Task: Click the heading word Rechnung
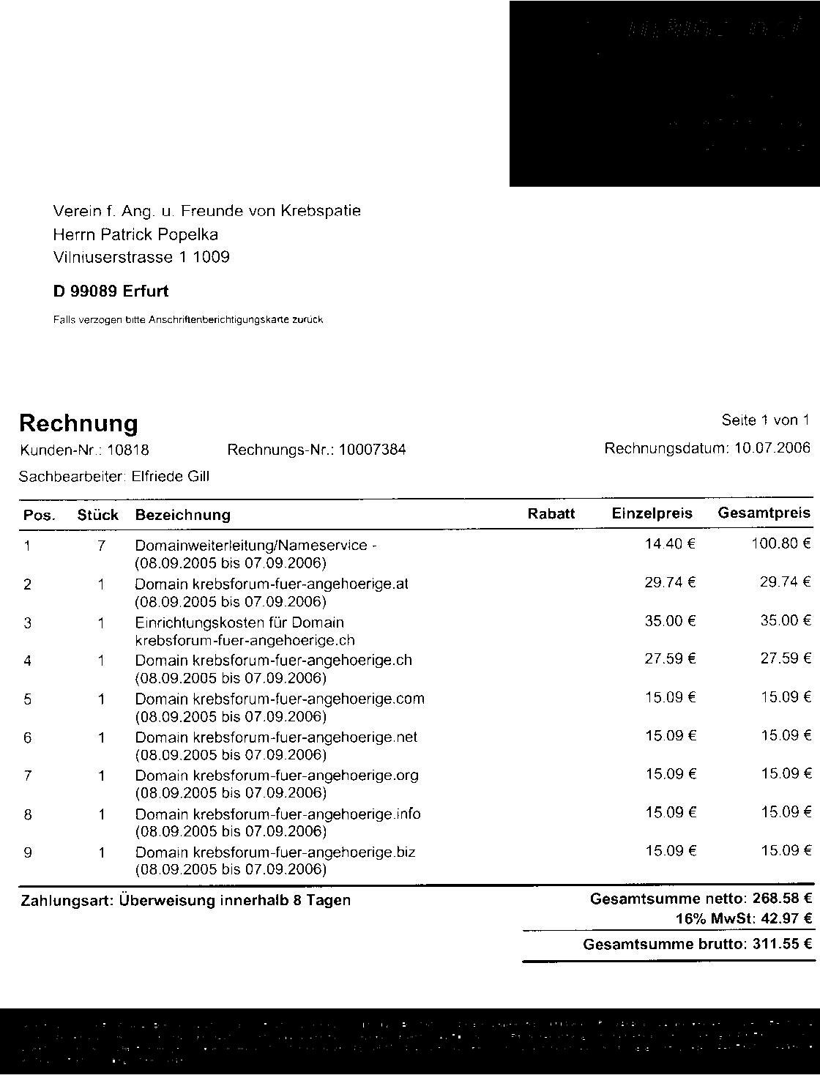[78, 423]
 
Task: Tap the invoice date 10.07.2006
[770, 448]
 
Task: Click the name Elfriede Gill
[170, 477]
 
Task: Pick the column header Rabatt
[551, 513]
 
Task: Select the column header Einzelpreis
[652, 513]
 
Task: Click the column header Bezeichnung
[182, 515]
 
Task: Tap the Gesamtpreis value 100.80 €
[786, 544]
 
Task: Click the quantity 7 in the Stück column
[102, 546]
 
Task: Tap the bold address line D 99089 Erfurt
[111, 291]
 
